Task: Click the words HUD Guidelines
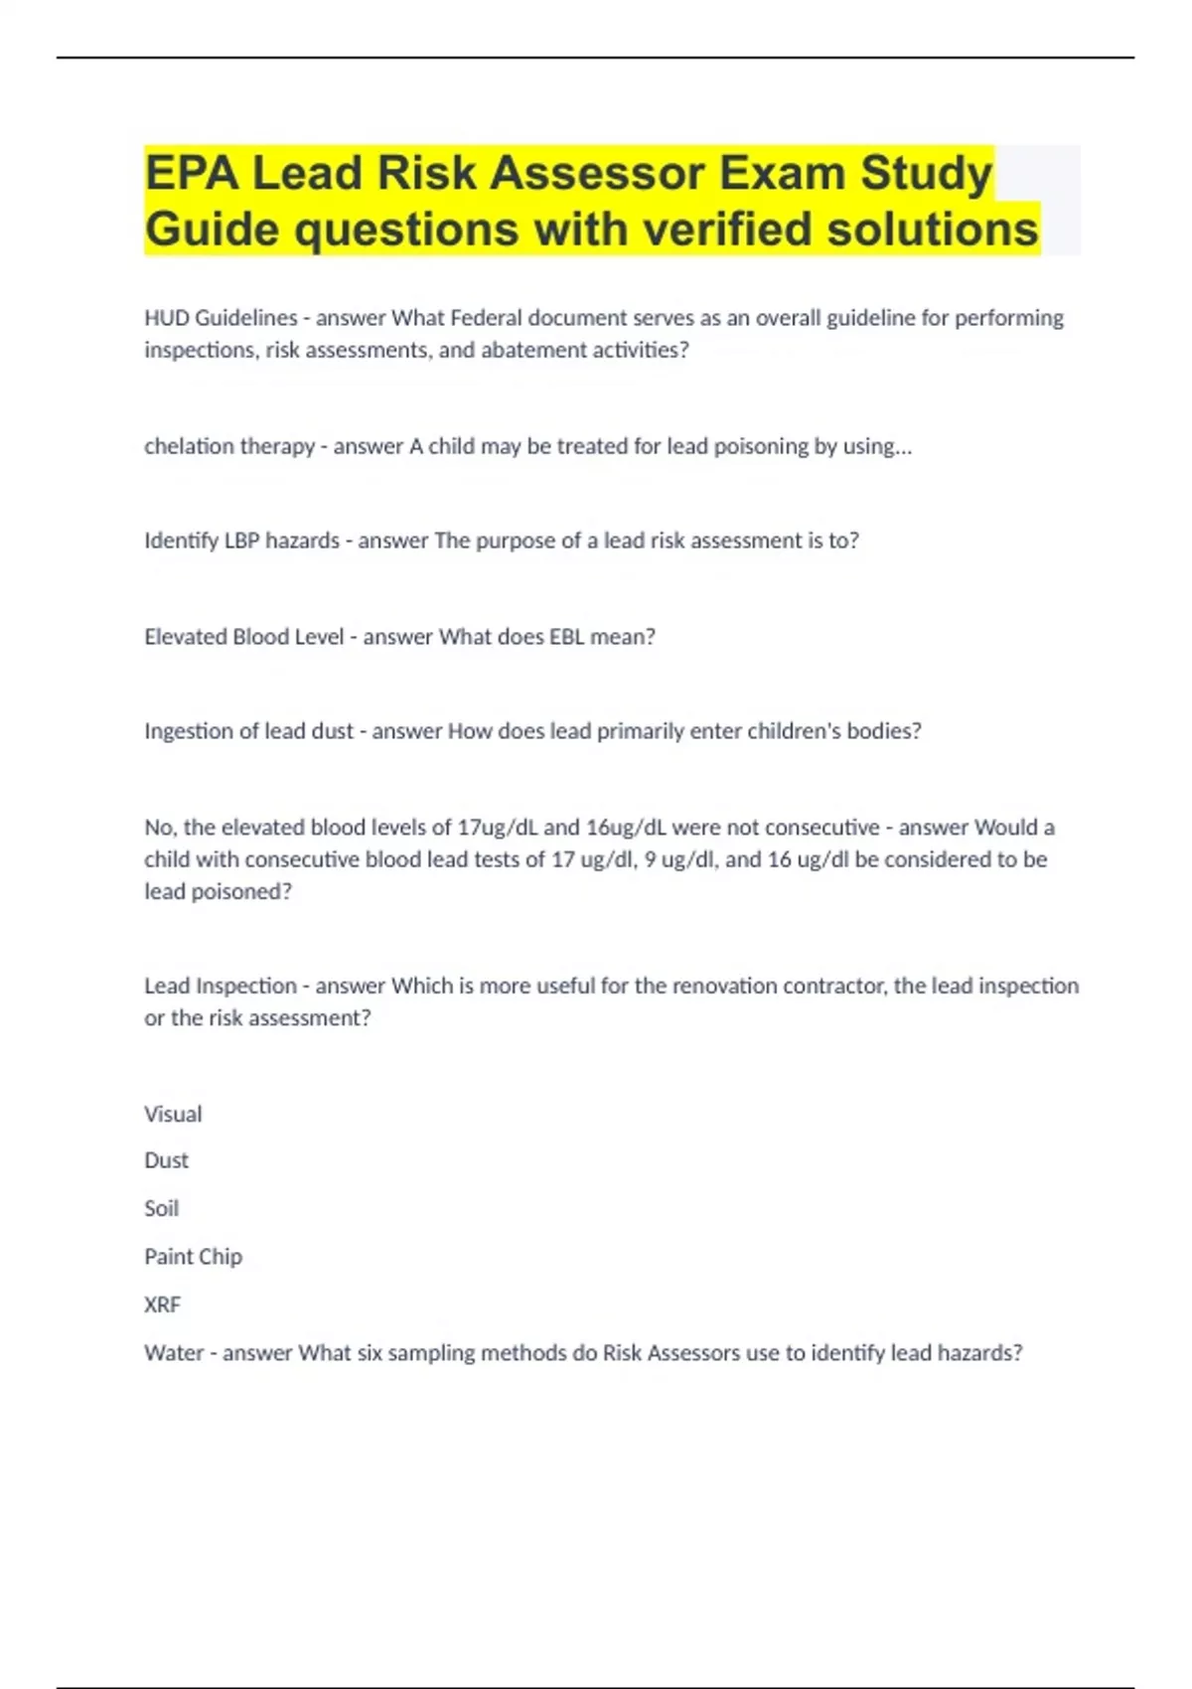(221, 318)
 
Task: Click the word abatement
(529, 350)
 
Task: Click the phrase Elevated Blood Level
(243, 637)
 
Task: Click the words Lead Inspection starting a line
(220, 986)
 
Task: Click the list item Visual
(173, 1114)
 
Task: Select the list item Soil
(161, 1209)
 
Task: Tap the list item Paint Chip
(193, 1257)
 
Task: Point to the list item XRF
(162, 1305)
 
